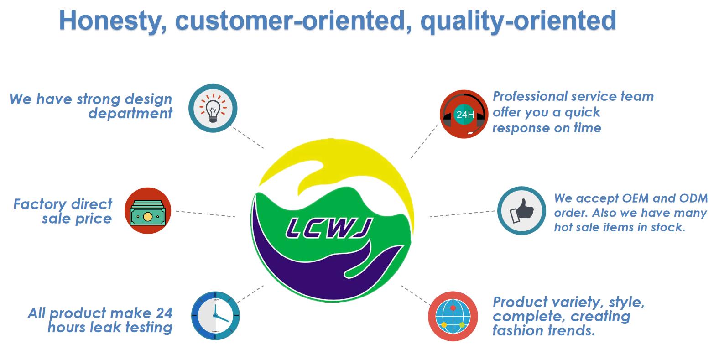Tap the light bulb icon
pos(213,108)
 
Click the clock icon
pos(215,316)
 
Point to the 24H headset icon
pos(464,114)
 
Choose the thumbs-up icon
pos(521,211)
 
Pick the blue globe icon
pos(453,316)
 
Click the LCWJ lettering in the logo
pos(329,228)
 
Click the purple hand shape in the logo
pos(321,270)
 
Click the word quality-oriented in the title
pos(518,21)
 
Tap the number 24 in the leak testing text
pos(164,313)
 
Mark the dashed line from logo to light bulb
pos(247,137)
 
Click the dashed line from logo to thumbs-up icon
pos(462,214)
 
